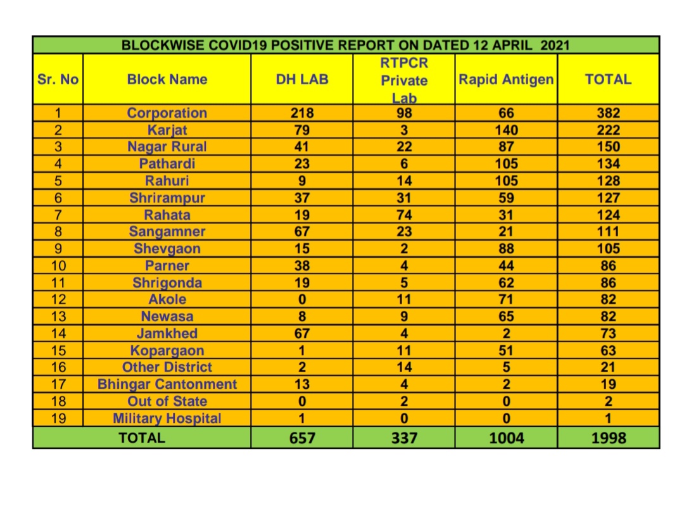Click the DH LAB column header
click(x=302, y=80)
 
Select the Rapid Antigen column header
click(x=506, y=80)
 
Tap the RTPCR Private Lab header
click(x=404, y=80)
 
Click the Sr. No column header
click(x=58, y=80)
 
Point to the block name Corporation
click(x=167, y=113)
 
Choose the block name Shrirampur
click(x=167, y=198)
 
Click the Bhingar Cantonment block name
click(x=167, y=384)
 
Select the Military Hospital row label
click(x=167, y=419)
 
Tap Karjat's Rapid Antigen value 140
click(x=507, y=130)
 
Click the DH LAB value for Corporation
click(x=302, y=113)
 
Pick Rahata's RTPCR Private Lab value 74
click(x=404, y=215)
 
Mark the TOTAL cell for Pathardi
click(x=609, y=164)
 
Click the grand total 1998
click(x=609, y=438)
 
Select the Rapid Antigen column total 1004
click(x=507, y=438)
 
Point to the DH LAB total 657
click(x=302, y=438)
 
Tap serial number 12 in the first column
click(x=58, y=300)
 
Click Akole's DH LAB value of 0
click(x=302, y=300)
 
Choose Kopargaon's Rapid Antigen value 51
click(x=507, y=350)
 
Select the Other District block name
click(x=167, y=367)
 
